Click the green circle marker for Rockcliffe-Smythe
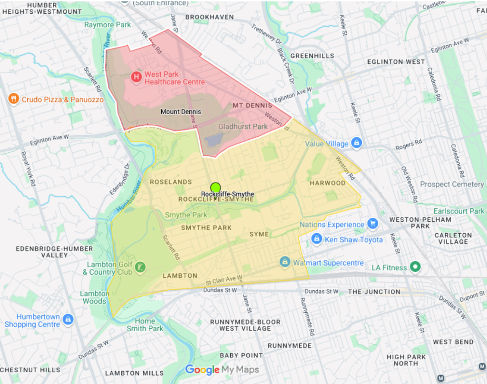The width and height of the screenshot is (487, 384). [216, 187]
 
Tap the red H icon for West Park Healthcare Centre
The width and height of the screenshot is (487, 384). [136, 77]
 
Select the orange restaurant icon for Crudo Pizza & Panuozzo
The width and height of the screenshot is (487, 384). [13, 99]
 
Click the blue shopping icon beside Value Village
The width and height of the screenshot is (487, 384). [356, 143]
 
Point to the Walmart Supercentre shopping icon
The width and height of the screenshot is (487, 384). [284, 262]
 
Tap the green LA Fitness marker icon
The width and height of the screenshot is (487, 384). [416, 267]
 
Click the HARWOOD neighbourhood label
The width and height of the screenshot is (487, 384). [327, 183]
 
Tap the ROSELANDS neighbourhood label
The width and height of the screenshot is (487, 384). [171, 182]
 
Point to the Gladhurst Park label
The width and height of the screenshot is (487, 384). [243, 127]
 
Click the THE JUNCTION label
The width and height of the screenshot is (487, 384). [374, 292]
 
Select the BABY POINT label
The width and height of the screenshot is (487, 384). [241, 355]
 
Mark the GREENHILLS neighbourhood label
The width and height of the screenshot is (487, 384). [312, 56]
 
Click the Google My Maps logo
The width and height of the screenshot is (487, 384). [222, 370]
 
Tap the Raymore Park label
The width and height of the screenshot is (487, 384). [107, 25]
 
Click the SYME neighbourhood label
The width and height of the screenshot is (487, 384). [259, 234]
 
